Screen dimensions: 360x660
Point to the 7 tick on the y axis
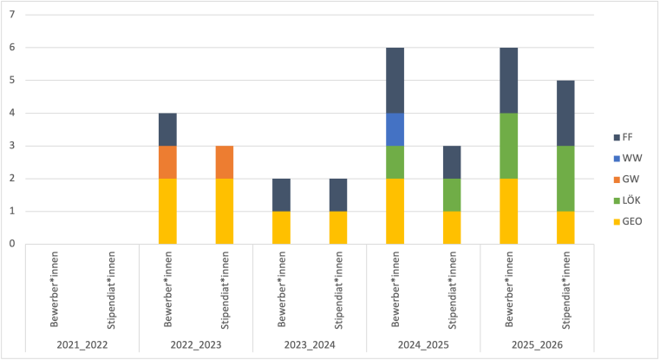pos(12,16)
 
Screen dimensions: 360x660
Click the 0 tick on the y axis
pos(12,244)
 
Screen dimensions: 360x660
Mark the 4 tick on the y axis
pos(12,113)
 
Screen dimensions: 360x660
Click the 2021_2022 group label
pos(82,344)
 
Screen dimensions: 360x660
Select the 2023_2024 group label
pos(309,344)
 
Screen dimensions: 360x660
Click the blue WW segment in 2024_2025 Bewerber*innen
pos(395,129)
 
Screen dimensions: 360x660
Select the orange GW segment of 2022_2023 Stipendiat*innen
pos(224,161)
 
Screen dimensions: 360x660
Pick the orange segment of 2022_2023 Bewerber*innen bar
pos(167,161)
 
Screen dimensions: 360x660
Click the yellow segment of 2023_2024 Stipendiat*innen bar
pos(337,226)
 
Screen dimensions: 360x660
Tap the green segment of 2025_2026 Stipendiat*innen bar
pos(565,178)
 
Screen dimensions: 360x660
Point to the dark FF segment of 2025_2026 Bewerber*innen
pos(508,80)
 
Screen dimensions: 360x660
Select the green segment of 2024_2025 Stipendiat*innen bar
pos(451,194)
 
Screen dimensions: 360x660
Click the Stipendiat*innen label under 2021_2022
pos(110,290)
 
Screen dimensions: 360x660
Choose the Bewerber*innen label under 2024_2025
pos(395,290)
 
